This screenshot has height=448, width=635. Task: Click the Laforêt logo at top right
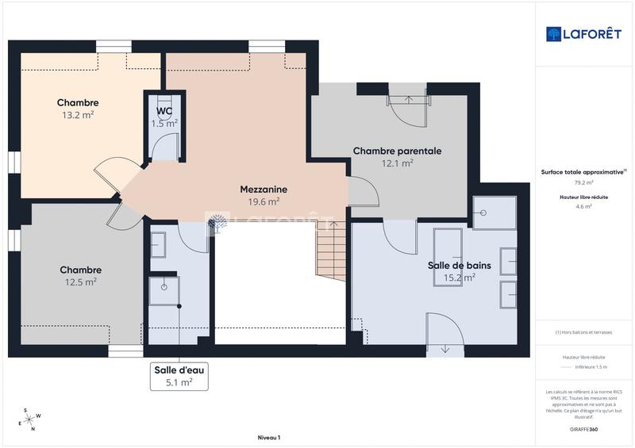tap(583, 33)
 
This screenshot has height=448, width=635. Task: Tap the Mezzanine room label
tap(264, 190)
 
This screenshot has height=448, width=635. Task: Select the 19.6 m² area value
tap(264, 201)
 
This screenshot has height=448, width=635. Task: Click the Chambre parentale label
tap(397, 151)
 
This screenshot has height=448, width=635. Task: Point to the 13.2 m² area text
tap(78, 115)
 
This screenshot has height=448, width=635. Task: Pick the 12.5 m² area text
tap(80, 281)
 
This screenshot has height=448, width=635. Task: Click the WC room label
tap(164, 111)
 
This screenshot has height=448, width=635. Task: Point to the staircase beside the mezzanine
tap(331, 249)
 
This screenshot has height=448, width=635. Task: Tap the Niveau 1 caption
tap(269, 438)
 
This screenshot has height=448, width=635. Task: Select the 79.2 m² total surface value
tap(583, 182)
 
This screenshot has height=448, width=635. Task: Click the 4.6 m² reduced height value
tap(583, 206)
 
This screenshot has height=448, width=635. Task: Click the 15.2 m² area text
tap(459, 278)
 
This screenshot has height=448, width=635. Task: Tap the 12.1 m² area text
tap(397, 163)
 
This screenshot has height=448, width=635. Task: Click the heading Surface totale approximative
tap(582, 171)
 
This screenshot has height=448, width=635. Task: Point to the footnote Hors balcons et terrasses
tap(583, 332)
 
